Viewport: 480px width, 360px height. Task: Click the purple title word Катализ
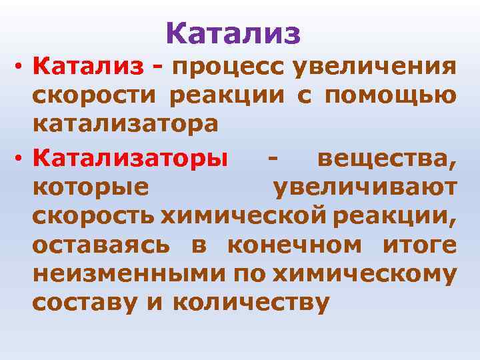[x=233, y=33]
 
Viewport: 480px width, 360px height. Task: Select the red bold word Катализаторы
[x=130, y=160]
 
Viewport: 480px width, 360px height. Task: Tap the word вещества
[x=387, y=160]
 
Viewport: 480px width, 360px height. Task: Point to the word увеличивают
[x=365, y=189]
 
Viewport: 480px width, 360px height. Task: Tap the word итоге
[x=420, y=245]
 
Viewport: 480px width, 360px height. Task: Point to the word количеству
[x=251, y=303]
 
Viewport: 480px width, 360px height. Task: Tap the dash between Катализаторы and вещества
[x=271, y=160]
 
